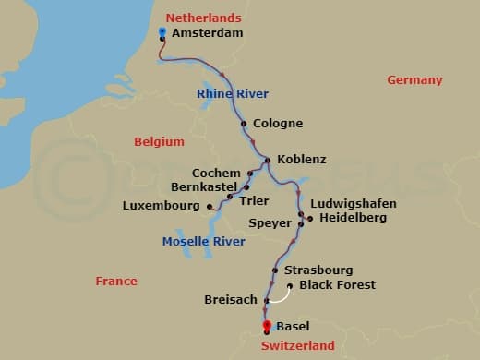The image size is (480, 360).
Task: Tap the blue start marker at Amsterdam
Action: coord(162,31)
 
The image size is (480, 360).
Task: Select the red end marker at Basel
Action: coord(267,325)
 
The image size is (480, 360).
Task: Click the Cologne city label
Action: coord(277,124)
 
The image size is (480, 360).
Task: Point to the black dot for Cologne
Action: coord(244,124)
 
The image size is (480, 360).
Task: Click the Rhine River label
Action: coord(234,93)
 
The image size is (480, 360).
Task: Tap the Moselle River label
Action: coord(203,242)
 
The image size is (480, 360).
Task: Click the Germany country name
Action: coord(414,80)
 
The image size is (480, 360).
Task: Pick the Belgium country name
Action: coord(159,141)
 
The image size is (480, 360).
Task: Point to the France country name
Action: coord(116,281)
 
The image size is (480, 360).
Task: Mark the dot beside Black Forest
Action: coord(290,285)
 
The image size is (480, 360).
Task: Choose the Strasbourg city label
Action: coord(318,270)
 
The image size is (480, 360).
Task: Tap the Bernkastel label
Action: coord(204,187)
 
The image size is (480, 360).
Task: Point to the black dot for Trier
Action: coord(231,197)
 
